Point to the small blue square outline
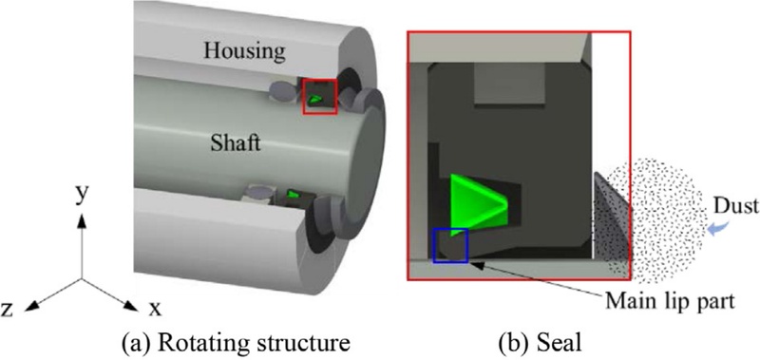[450, 247]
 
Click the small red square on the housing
[319, 97]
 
